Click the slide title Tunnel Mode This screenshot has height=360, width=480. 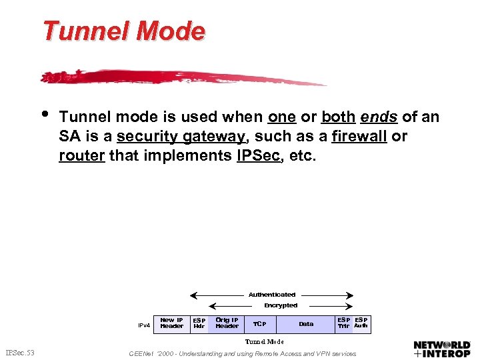point(124,31)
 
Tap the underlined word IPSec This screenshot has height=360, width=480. point(253,155)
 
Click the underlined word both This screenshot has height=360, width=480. point(338,117)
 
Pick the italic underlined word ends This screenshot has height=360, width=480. point(379,117)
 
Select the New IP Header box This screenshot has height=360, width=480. point(171,323)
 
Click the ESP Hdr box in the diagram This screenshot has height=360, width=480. point(199,323)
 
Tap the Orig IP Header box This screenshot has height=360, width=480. point(227,323)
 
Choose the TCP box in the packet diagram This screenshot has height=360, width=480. point(259,324)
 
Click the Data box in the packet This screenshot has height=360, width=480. point(306,324)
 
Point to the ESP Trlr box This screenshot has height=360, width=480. point(343,323)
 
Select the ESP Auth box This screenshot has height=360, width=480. point(361,323)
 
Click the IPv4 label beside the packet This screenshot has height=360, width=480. point(144,325)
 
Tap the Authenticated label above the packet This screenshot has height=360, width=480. point(272,294)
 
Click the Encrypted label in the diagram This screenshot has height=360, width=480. point(281,305)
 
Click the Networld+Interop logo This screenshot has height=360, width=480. point(442,349)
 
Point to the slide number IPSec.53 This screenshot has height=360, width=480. point(20,352)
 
